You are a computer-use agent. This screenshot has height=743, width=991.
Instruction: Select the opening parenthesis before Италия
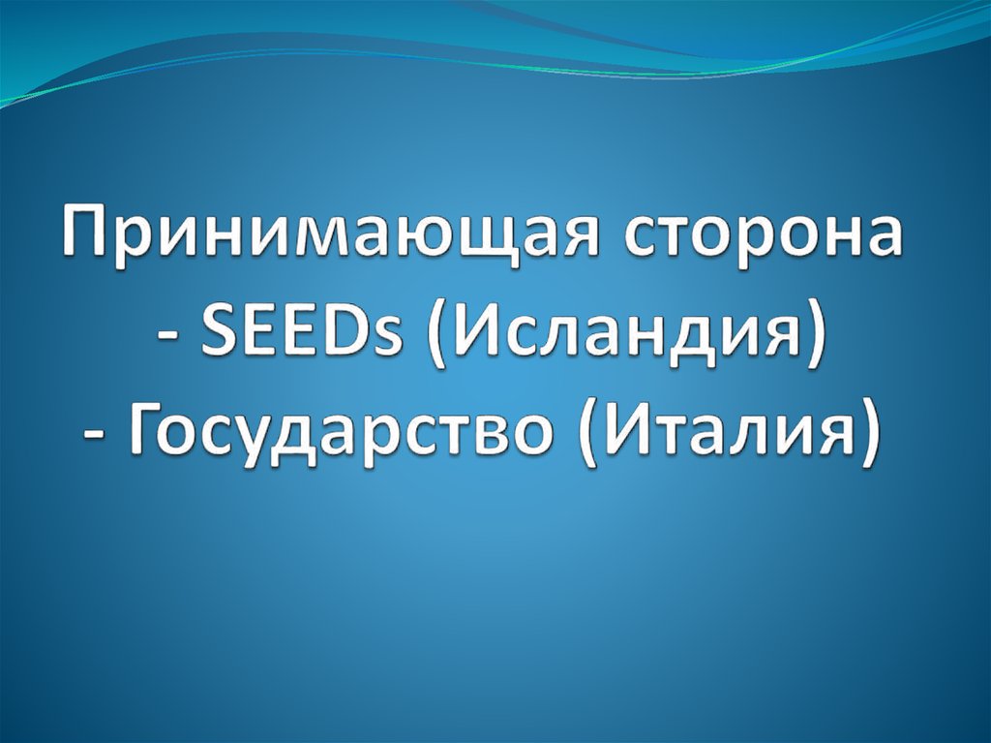pyautogui.click(x=589, y=440)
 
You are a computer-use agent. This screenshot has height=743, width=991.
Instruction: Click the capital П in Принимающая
pyautogui.click(x=87, y=235)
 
